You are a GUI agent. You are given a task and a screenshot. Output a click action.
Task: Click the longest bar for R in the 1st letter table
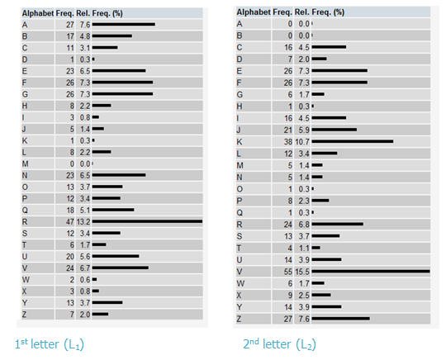[x=147, y=221]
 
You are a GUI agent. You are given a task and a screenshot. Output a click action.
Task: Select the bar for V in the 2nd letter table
[x=371, y=272]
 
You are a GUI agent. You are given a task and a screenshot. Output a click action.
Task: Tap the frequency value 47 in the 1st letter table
[x=70, y=221]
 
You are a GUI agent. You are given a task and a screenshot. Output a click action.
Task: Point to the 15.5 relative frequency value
[x=302, y=272]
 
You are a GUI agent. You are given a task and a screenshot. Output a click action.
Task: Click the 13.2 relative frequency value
[x=83, y=221]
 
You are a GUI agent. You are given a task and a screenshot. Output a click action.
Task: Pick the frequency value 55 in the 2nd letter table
[x=288, y=272]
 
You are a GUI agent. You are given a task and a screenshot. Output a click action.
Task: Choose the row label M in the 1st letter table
[x=25, y=163]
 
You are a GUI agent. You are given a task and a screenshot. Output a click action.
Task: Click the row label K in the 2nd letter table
[x=240, y=142]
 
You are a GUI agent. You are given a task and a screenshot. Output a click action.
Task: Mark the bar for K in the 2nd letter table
[x=353, y=141]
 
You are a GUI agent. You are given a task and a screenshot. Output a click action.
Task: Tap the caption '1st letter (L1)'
[x=50, y=344]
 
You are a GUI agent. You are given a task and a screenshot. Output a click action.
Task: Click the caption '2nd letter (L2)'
[x=279, y=344]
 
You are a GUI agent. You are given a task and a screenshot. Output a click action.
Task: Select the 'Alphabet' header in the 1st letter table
[x=38, y=13]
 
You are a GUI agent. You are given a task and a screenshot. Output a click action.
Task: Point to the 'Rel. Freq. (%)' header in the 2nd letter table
[x=320, y=12]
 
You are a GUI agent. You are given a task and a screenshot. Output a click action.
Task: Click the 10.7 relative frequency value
[x=302, y=142]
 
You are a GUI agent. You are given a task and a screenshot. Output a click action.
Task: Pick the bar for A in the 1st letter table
[x=124, y=25]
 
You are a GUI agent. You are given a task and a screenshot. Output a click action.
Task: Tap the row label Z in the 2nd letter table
[x=239, y=319]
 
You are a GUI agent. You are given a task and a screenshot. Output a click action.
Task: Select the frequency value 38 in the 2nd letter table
[x=288, y=142]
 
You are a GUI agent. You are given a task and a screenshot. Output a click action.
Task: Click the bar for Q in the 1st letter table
[x=113, y=210]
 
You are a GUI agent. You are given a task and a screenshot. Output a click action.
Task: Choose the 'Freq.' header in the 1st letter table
[x=65, y=13]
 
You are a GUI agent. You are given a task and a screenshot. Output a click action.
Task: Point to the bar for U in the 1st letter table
[x=116, y=256]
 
